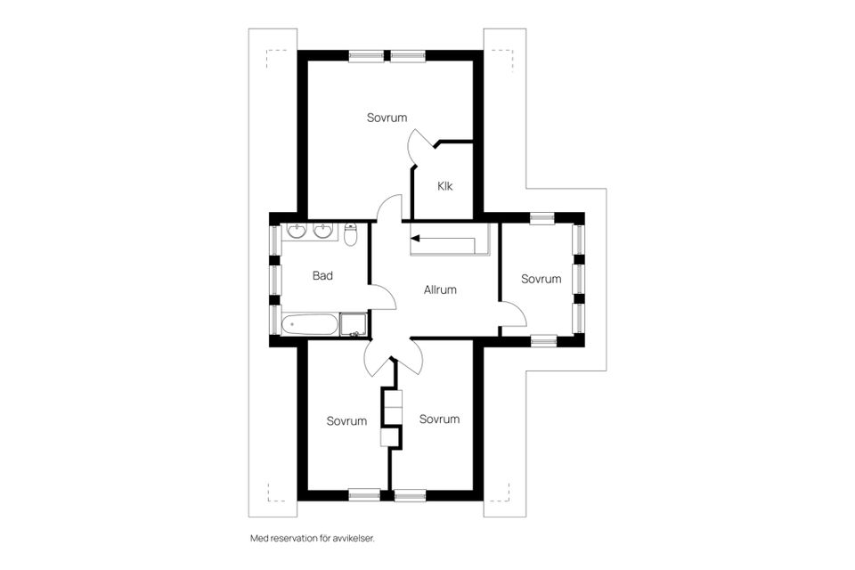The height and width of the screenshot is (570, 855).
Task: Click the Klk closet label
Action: click(445, 186)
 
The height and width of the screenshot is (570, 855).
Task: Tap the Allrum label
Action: click(440, 289)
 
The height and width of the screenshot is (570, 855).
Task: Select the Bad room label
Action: click(322, 276)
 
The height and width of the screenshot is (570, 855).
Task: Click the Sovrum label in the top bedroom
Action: click(387, 118)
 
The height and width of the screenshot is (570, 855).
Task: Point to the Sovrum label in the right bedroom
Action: click(541, 279)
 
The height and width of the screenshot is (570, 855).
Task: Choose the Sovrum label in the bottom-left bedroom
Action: click(346, 421)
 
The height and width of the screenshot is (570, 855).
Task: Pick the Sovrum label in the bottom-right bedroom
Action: click(439, 419)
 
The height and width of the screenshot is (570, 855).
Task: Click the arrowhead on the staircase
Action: click(414, 239)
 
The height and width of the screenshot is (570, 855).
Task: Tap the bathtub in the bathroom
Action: click(310, 324)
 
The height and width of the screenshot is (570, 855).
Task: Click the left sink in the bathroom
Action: click(296, 232)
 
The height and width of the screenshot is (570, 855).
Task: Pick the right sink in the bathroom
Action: click(322, 232)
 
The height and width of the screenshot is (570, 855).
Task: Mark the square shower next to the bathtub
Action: click(354, 325)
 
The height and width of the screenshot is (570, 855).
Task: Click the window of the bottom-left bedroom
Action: click(365, 494)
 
